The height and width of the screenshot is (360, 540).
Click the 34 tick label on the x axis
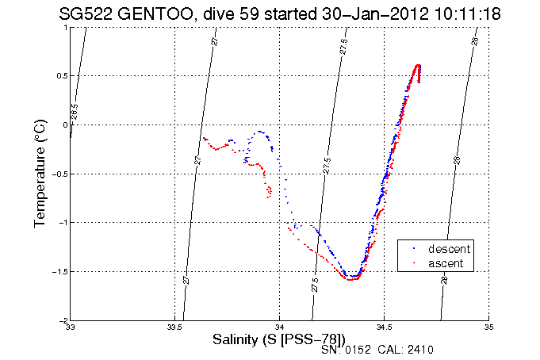[x=280, y=327]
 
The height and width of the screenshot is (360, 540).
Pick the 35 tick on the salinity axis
[x=488, y=327]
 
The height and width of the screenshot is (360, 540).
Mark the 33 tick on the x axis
[x=71, y=327]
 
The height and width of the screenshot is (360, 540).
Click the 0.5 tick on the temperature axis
[x=60, y=76]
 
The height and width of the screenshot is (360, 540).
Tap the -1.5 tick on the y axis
[x=58, y=271]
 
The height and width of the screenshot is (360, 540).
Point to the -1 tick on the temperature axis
[x=62, y=223]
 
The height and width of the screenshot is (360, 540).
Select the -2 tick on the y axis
[x=62, y=320]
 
